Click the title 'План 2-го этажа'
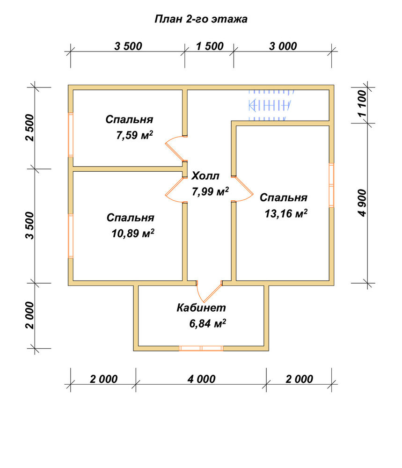pos(201,19)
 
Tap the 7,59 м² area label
pos(135,135)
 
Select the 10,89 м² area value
pos(133,234)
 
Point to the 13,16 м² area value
pos(286,213)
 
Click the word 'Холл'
pos(205,176)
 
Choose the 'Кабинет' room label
pos(201,308)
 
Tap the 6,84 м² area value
pos(207,323)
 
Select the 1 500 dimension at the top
pos(210,46)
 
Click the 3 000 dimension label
pos(283,46)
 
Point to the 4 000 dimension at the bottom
pos(201,379)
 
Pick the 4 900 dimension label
pos(362,203)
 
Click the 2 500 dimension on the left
pos(30,127)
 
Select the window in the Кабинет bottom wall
pos(201,348)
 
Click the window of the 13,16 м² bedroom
pos(331,185)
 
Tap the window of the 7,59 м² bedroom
pos(71,135)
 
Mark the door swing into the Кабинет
pos(210,291)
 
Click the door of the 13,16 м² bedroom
pos(242,189)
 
